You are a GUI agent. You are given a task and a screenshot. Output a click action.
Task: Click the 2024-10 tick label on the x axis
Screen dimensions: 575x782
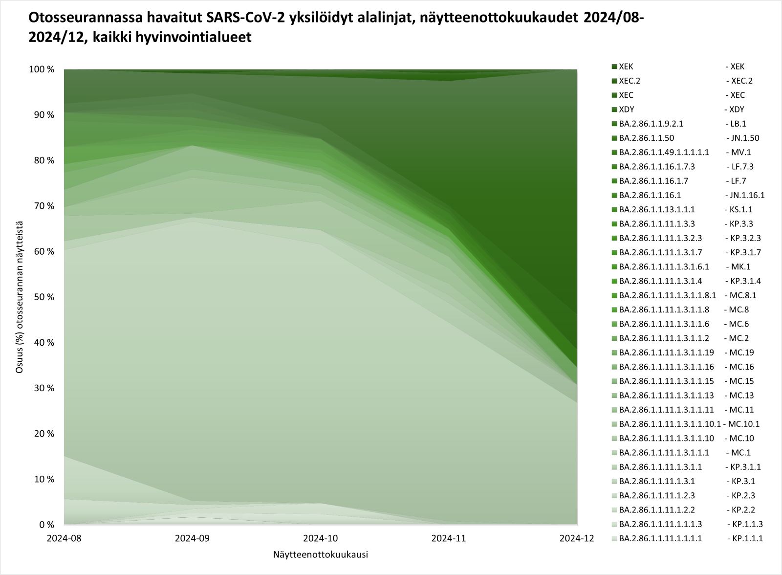tap(321, 538)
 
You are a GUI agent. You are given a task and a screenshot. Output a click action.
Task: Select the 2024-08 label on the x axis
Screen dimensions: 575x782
tap(64, 538)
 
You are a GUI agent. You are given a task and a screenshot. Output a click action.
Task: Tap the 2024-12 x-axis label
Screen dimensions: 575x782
tap(577, 538)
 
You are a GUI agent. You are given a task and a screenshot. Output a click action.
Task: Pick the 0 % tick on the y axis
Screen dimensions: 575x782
tap(47, 525)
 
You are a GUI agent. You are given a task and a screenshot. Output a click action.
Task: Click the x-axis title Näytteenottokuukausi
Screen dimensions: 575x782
tap(321, 555)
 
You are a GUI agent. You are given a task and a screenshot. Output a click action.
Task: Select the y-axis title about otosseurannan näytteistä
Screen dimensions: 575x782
tap(20, 297)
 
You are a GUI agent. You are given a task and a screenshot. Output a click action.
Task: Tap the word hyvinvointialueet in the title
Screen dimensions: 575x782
tap(196, 37)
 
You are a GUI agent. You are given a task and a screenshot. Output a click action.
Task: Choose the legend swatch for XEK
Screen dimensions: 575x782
tap(614, 66)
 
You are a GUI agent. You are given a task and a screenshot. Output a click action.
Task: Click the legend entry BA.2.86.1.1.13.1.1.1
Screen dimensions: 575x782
tap(656, 209)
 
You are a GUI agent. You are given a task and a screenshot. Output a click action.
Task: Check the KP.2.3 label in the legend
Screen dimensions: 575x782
tap(740, 495)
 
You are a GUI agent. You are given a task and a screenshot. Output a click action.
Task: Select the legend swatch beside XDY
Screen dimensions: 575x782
tap(614, 110)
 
